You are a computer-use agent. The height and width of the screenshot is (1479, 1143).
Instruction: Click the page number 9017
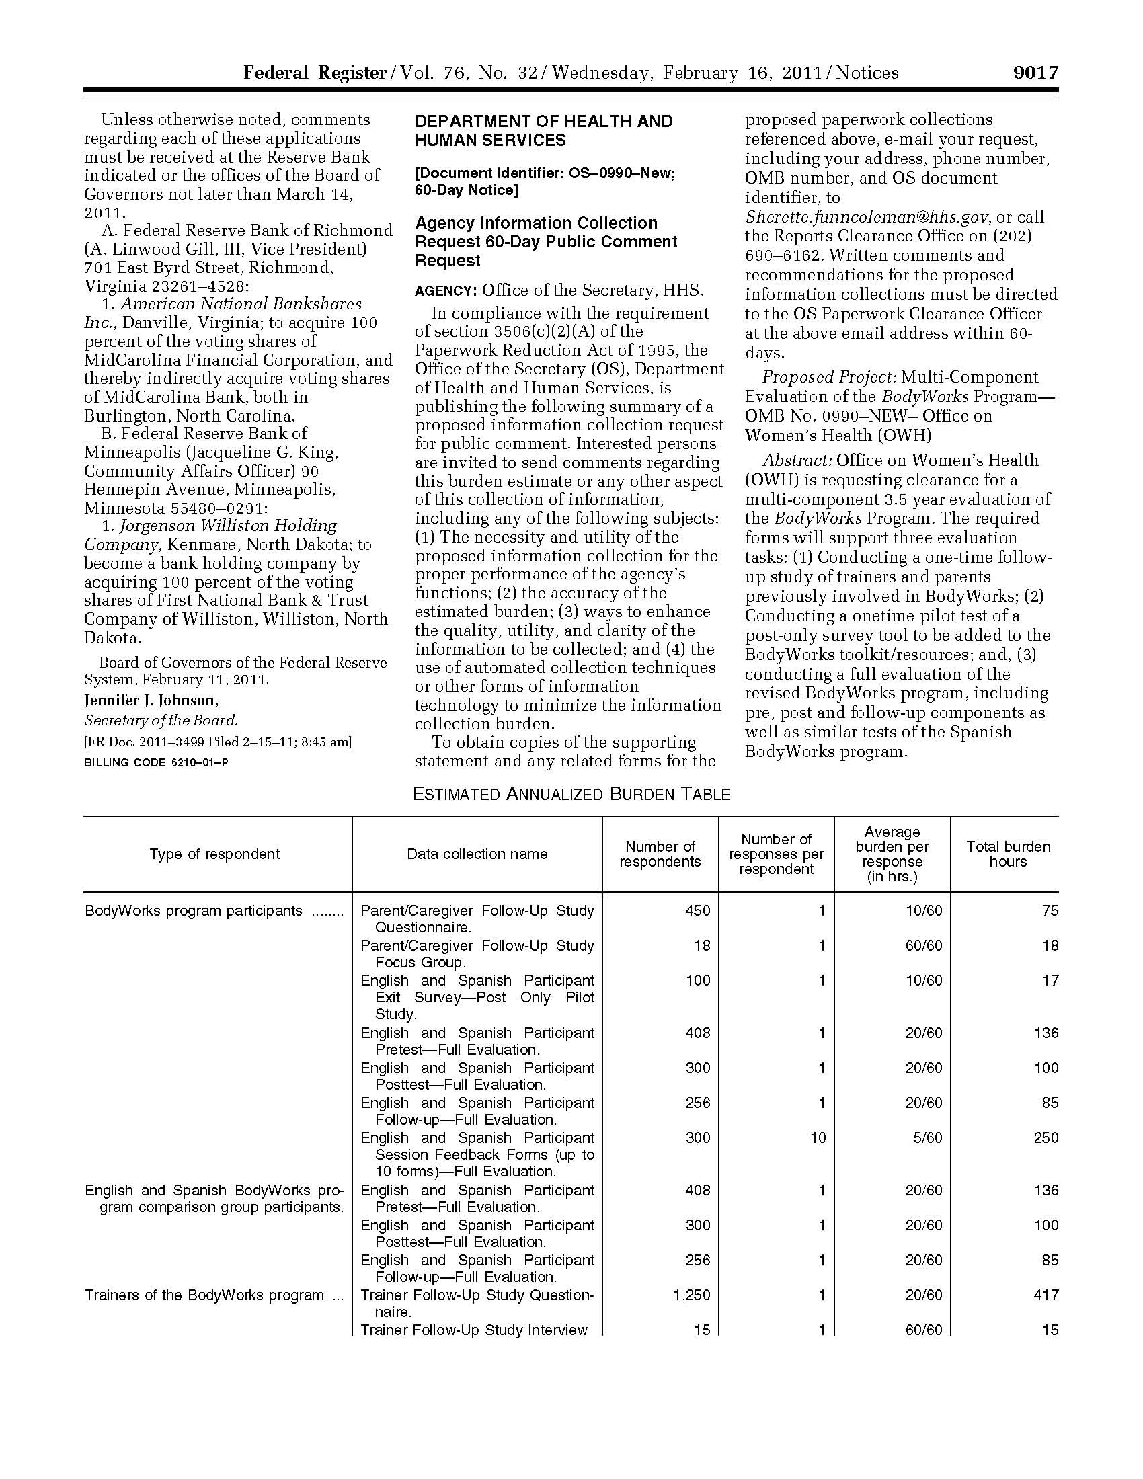click(1035, 73)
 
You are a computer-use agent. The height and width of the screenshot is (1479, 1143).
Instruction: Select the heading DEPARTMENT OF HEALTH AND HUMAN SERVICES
click(544, 130)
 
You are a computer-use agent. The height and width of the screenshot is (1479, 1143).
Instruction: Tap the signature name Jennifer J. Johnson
click(151, 701)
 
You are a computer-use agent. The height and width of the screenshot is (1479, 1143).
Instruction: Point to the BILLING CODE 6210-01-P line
click(156, 762)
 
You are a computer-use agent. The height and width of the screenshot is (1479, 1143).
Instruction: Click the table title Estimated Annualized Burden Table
click(571, 794)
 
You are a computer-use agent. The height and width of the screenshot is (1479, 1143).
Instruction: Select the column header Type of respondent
click(214, 854)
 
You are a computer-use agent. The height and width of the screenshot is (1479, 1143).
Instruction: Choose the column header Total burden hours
click(1008, 854)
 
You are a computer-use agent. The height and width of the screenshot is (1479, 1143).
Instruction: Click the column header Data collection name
click(477, 854)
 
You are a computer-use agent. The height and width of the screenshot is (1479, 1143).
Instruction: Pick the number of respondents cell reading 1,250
click(691, 1295)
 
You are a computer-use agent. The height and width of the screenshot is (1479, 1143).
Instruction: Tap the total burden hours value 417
click(1046, 1295)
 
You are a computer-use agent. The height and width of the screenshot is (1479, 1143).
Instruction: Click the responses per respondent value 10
click(818, 1137)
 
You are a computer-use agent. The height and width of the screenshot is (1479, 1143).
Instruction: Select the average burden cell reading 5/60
click(924, 1137)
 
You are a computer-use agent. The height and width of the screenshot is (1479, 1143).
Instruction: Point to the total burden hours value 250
click(1046, 1137)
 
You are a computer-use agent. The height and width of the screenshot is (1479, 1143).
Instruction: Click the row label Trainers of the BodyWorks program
click(204, 1295)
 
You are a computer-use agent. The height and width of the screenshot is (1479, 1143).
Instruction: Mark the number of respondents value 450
click(697, 910)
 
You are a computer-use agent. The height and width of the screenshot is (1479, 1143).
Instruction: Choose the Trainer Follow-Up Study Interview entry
click(474, 1330)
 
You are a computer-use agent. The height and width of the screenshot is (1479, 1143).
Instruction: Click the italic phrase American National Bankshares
click(241, 303)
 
